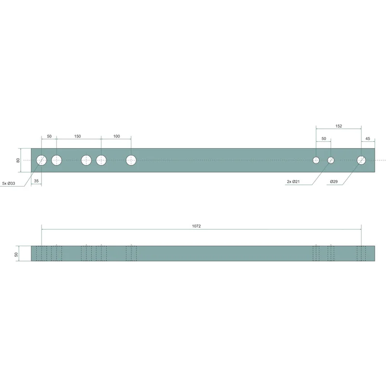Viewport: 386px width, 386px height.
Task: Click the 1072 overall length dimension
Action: pos(196,226)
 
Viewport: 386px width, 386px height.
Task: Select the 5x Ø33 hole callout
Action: pos(9,183)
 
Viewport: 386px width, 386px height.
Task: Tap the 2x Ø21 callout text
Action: pos(293,182)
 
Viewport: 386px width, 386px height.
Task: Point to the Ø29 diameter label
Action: pos(334,182)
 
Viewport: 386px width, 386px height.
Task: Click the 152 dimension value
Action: pos(339,126)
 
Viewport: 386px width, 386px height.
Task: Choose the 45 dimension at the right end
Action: pos(368,138)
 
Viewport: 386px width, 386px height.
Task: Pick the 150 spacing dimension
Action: pos(77,137)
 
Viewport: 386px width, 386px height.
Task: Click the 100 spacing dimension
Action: pos(116,137)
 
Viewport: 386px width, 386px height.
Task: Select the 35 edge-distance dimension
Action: pos(36,181)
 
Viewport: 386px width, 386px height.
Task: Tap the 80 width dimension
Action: pos(18,160)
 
